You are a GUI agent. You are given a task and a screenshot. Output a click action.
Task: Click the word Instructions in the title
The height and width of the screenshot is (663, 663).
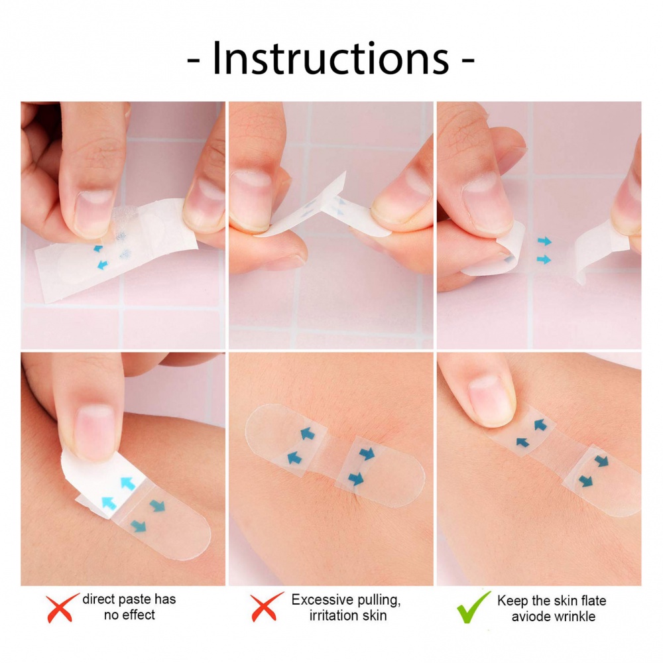(331, 58)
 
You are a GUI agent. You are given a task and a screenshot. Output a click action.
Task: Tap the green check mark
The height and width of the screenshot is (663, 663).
(473, 607)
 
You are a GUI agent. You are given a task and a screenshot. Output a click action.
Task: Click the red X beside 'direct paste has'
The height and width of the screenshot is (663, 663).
(62, 608)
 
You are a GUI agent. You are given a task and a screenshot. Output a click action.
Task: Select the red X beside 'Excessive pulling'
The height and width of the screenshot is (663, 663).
(267, 607)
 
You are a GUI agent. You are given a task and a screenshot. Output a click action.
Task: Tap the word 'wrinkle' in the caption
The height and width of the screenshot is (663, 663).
(575, 617)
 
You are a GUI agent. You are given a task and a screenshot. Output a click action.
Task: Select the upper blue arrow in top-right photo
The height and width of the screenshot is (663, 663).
(544, 241)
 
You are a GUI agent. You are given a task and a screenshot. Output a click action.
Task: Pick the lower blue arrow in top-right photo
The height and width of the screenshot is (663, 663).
(544, 259)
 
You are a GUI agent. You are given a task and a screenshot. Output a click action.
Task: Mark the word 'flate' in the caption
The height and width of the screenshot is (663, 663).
(593, 601)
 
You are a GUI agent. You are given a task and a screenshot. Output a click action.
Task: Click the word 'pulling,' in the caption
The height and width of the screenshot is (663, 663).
(379, 601)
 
